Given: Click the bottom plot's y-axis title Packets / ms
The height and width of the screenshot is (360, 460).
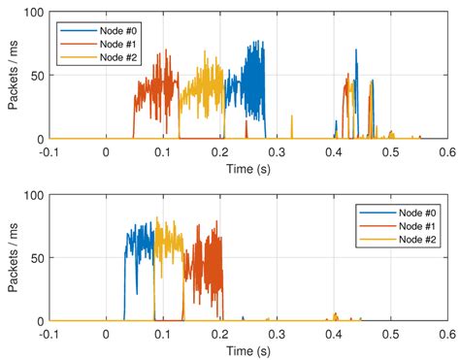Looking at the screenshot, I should tap(13, 257).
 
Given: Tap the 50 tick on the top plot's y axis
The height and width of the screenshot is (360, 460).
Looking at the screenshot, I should tap(36, 76).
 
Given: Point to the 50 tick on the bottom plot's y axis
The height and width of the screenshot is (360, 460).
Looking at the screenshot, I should tap(36, 258).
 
